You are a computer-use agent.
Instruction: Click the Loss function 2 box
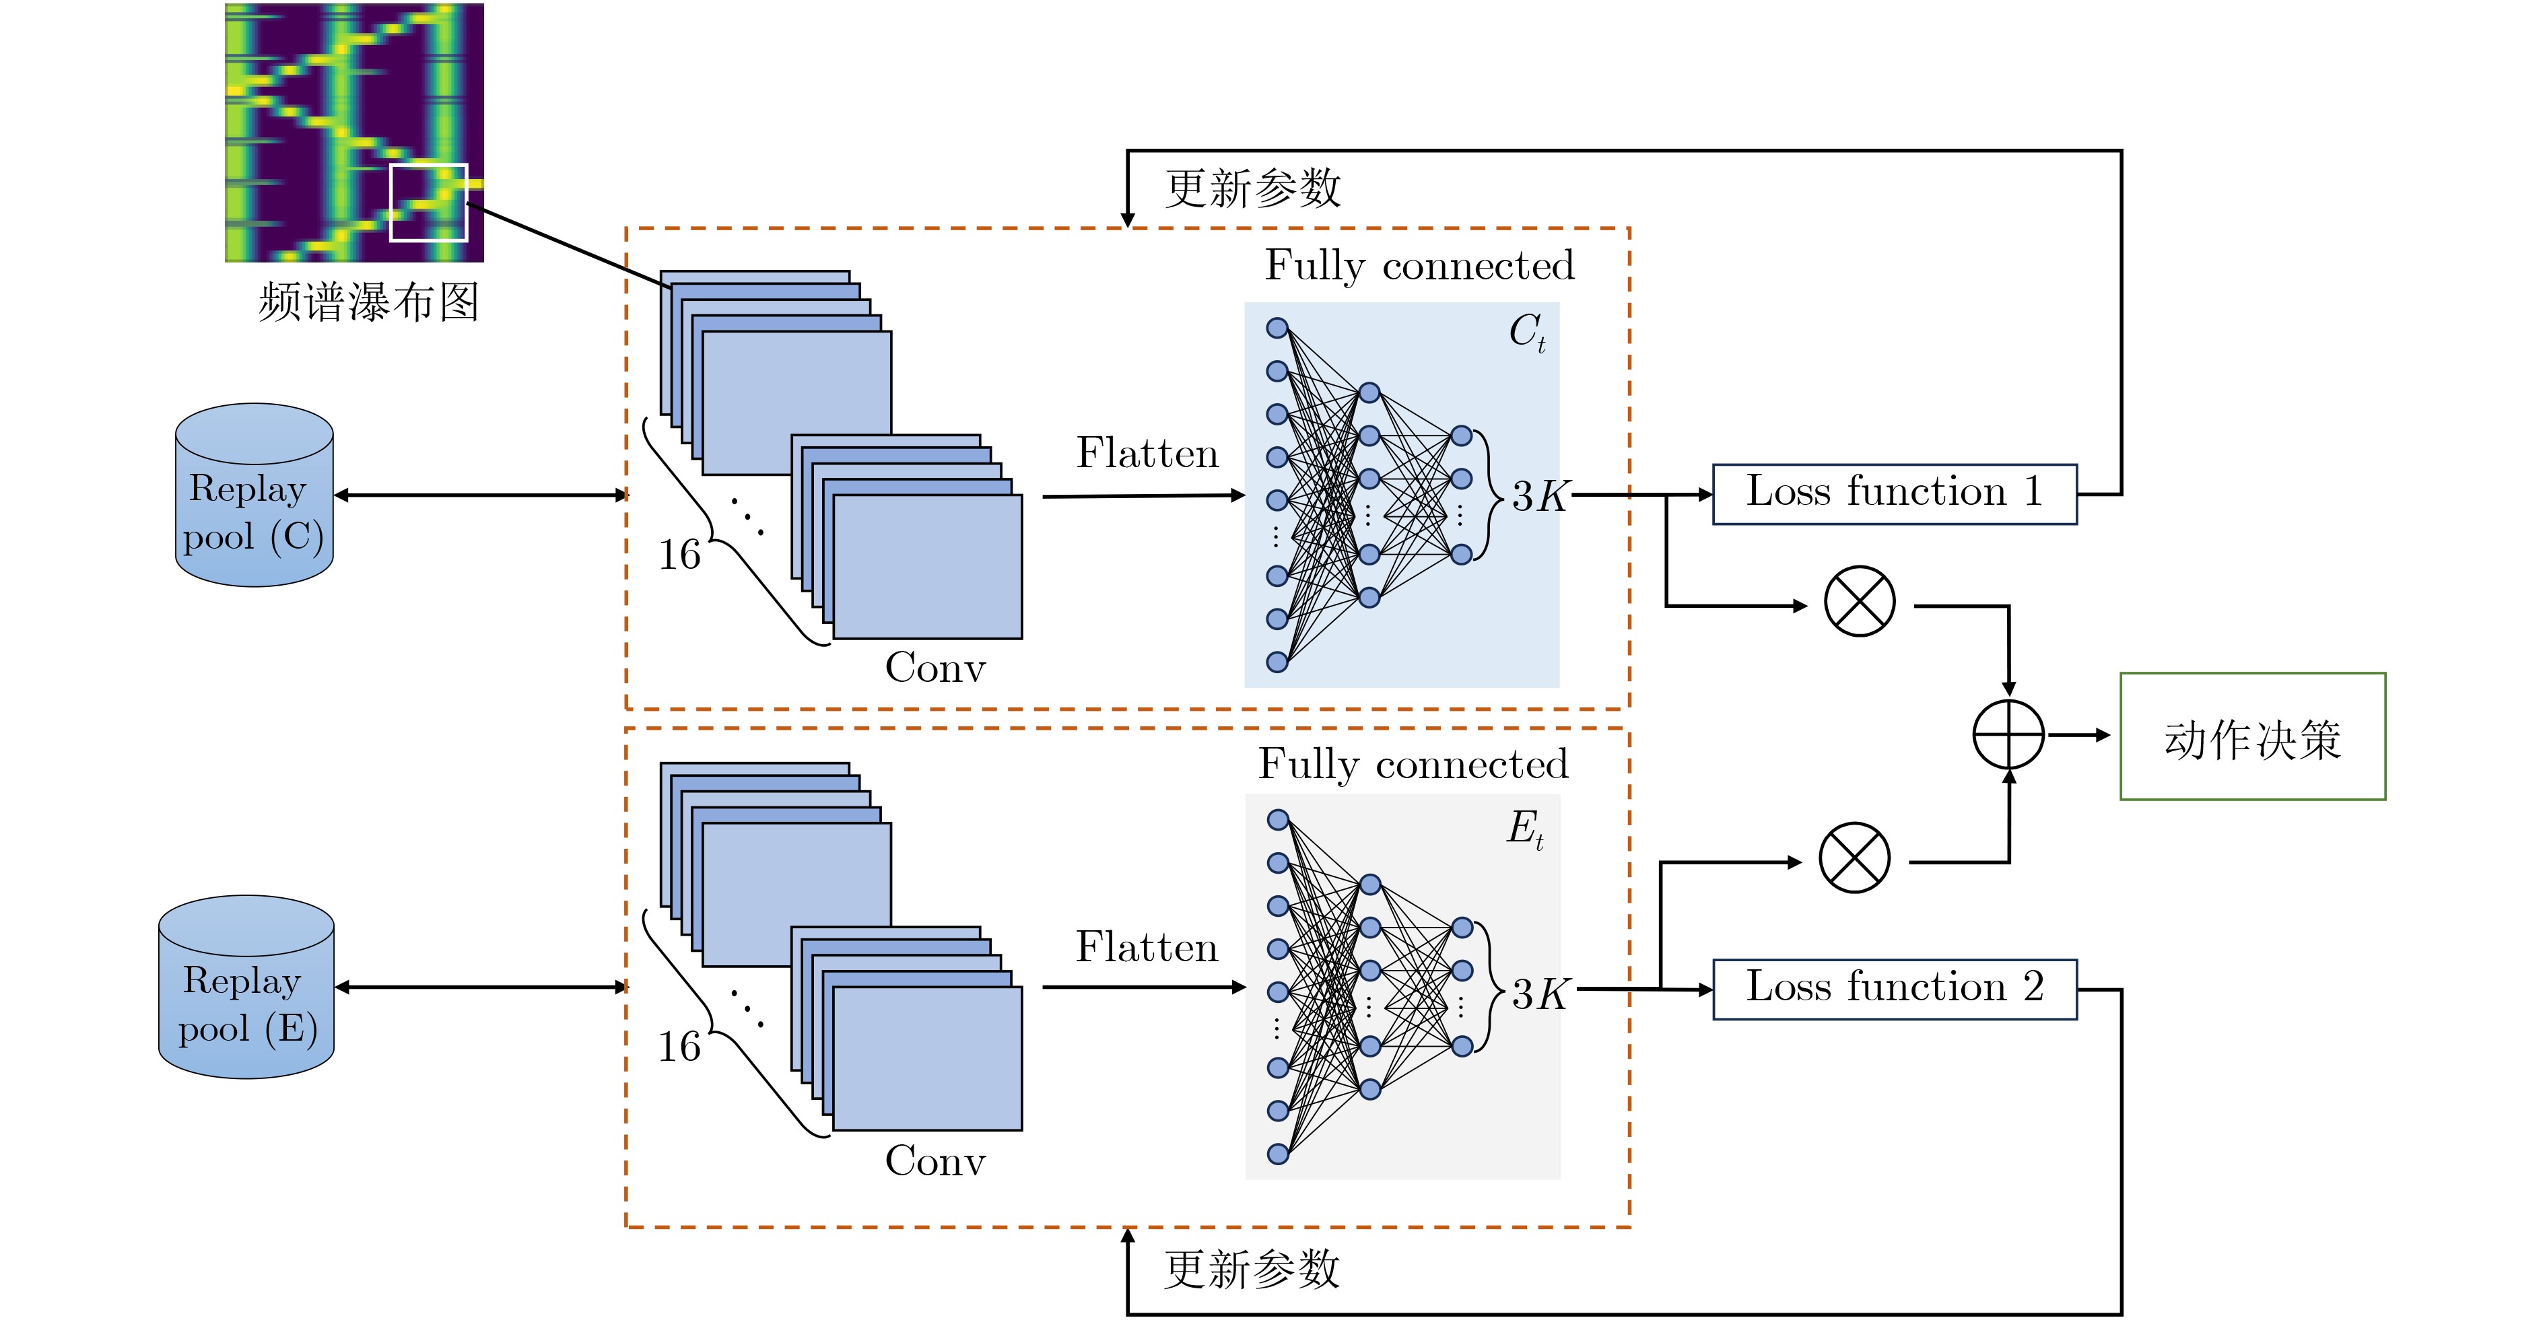click(x=1893, y=988)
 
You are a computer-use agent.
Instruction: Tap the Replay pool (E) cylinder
click(x=246, y=987)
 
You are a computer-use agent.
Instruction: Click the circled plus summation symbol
click(x=2008, y=735)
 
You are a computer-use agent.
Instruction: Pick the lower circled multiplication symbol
click(x=1854, y=858)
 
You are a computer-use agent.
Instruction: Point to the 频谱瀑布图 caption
click(x=368, y=302)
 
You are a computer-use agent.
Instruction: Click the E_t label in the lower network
click(x=1524, y=828)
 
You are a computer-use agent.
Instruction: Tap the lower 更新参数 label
click(x=1252, y=1269)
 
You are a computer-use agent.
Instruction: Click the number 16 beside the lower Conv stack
click(x=680, y=1046)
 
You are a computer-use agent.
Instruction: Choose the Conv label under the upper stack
click(x=935, y=668)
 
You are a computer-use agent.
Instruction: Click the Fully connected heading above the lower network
click(x=1413, y=764)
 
